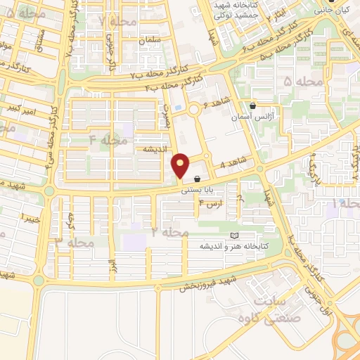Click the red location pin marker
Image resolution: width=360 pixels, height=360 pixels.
click(x=181, y=165)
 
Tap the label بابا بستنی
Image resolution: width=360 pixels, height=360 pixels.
click(x=196, y=189)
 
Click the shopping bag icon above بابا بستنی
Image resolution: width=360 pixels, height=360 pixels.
click(x=197, y=180)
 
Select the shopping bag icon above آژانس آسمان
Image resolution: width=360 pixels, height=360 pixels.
click(x=252, y=105)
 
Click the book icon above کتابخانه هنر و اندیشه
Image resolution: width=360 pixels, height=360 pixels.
click(x=234, y=236)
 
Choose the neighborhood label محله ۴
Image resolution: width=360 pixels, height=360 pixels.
click(x=108, y=141)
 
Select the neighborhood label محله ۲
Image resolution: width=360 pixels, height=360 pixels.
click(x=164, y=231)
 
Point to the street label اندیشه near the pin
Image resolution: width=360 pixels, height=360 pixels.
click(x=154, y=149)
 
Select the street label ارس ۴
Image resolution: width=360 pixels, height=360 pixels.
click(x=211, y=205)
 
